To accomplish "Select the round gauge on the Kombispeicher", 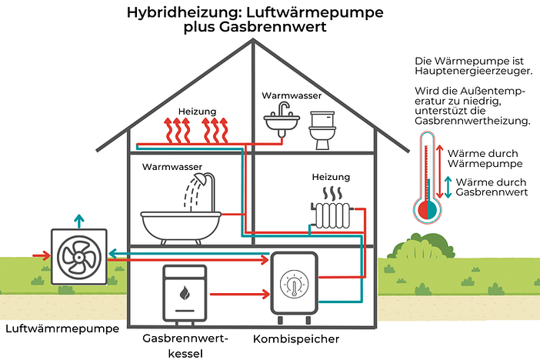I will (x=294, y=284).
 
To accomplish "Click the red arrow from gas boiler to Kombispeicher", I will (x=239, y=293).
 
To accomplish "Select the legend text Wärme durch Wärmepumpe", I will (x=485, y=158).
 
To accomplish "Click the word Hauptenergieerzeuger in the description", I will (x=473, y=71).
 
